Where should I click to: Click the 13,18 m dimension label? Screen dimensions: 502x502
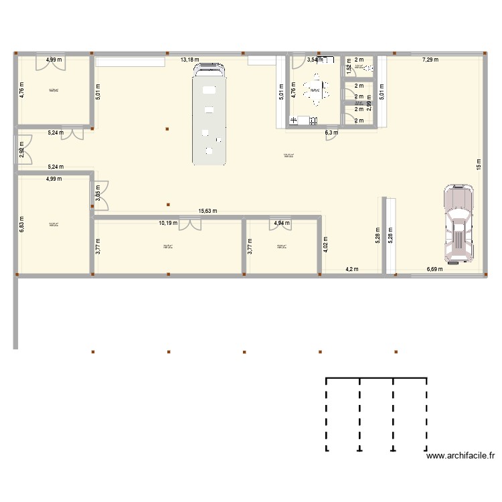[189, 60]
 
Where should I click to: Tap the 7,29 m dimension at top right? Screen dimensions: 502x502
[430, 60]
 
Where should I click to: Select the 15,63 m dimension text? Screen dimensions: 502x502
[208, 211]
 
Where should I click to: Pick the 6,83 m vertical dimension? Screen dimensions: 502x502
[21, 224]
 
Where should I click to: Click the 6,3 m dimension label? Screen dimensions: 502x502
[331, 133]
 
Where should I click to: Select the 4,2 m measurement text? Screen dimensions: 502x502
[352, 270]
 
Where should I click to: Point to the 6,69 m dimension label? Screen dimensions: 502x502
[436, 270]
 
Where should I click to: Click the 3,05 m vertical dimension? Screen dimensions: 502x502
[98, 195]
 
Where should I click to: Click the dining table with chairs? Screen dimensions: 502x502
[314, 89]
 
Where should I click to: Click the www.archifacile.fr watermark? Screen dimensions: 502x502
[461, 456]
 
